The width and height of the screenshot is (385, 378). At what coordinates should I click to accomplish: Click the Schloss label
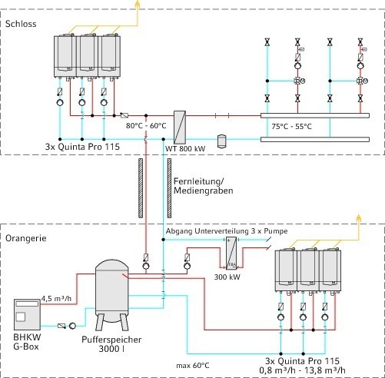pyautogui.click(x=21, y=24)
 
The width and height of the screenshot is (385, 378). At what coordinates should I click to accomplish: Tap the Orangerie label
pyautogui.click(x=26, y=238)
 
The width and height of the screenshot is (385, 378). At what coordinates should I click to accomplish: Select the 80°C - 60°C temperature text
pyautogui.click(x=146, y=126)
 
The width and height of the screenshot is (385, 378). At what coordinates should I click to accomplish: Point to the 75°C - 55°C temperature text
pyautogui.click(x=292, y=127)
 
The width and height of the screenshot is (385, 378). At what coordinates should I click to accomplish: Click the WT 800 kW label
pyautogui.click(x=185, y=148)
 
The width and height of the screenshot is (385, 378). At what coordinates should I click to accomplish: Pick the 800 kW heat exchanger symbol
pyautogui.click(x=180, y=128)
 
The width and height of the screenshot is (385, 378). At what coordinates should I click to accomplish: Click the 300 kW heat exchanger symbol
pyautogui.click(x=231, y=253)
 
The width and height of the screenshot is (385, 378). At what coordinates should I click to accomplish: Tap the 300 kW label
pyautogui.click(x=227, y=277)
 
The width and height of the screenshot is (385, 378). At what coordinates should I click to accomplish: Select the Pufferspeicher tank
pyautogui.click(x=112, y=295)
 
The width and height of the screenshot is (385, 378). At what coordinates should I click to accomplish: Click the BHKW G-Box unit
pyautogui.click(x=27, y=314)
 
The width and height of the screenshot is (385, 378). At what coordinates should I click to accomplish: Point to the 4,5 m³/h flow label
pyautogui.click(x=56, y=298)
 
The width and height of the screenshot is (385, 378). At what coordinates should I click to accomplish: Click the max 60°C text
pyautogui.click(x=193, y=366)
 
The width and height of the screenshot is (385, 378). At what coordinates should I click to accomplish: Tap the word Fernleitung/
pyautogui.click(x=199, y=181)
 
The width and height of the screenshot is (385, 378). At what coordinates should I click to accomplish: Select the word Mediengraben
pyautogui.click(x=204, y=191)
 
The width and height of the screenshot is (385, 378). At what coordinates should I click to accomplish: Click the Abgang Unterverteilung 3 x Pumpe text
pyautogui.click(x=227, y=231)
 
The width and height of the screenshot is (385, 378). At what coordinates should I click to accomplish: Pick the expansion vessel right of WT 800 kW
pyautogui.click(x=221, y=141)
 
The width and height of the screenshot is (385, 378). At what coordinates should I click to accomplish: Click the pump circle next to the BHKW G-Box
pyautogui.click(x=72, y=326)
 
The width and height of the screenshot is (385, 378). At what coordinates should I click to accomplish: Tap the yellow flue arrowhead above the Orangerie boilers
pyautogui.click(x=359, y=218)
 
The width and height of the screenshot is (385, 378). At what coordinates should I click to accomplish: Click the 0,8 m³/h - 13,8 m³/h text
pyautogui.click(x=302, y=370)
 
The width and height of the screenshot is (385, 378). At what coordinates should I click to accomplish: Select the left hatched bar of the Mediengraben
pyautogui.click(x=141, y=188)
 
